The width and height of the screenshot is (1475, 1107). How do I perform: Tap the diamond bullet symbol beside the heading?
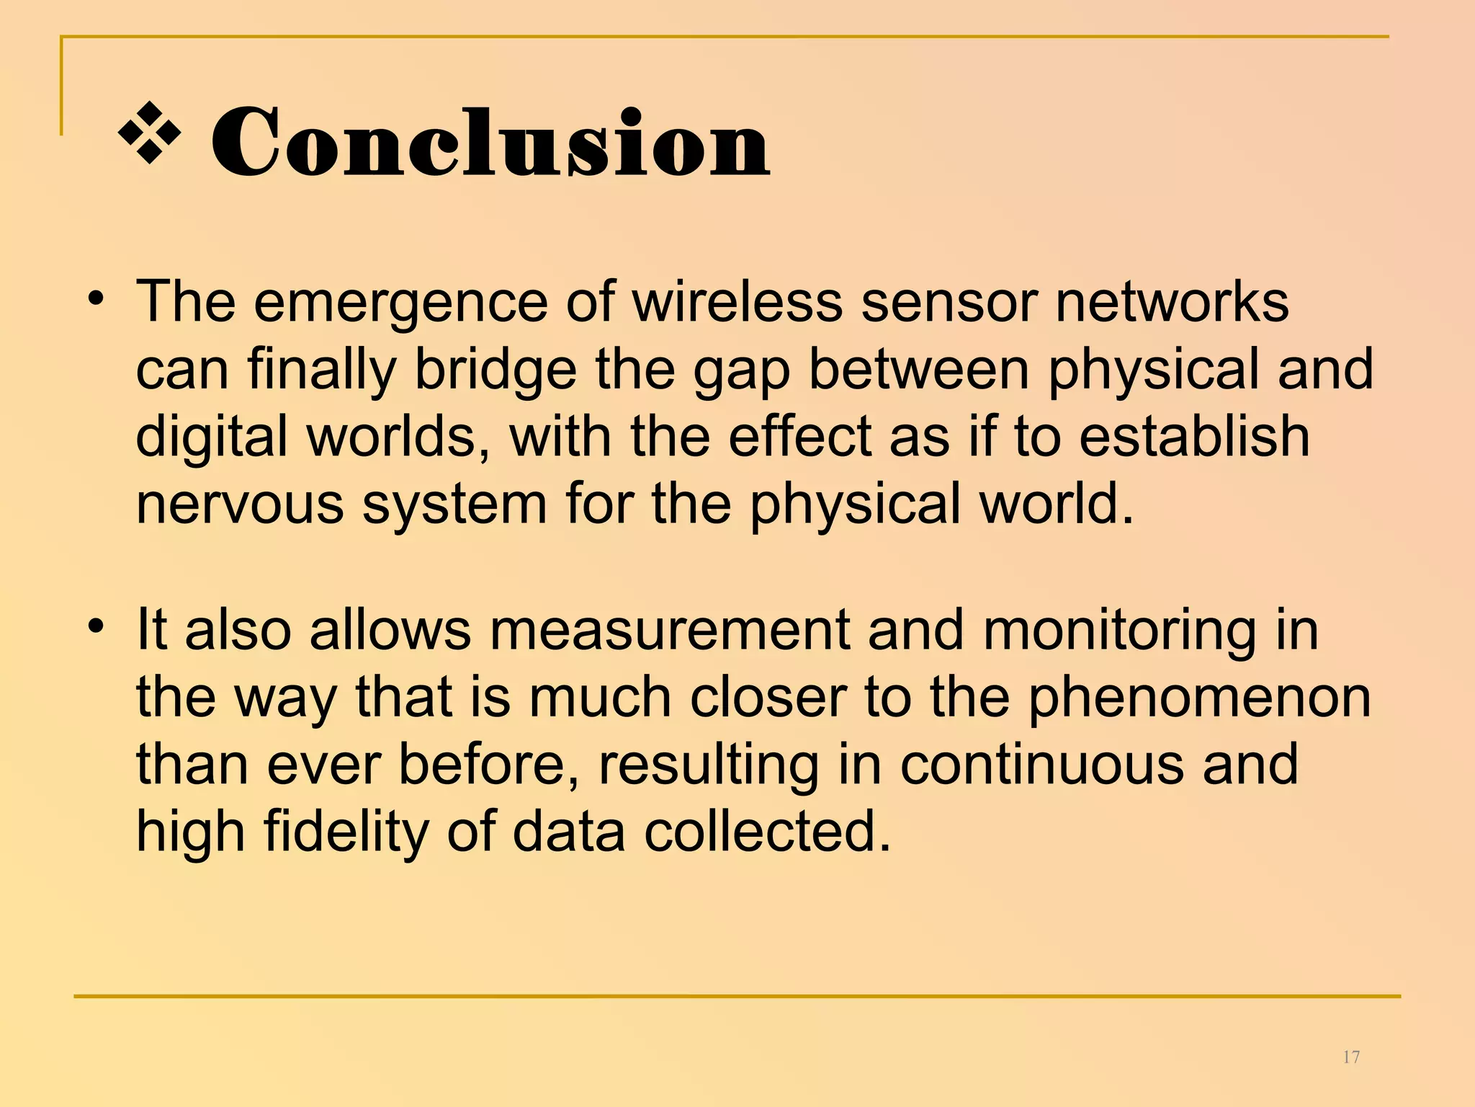149,133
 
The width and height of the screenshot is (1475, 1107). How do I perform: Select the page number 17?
1351,1057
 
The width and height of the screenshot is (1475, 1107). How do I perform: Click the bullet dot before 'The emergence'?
97,298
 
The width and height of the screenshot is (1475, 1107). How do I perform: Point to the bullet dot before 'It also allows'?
97,626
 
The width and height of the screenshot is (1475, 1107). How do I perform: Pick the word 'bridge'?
496,369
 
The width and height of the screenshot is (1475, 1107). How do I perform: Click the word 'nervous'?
241,504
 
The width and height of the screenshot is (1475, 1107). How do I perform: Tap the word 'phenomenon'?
1199,698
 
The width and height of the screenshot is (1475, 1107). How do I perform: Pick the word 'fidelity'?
346,832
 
